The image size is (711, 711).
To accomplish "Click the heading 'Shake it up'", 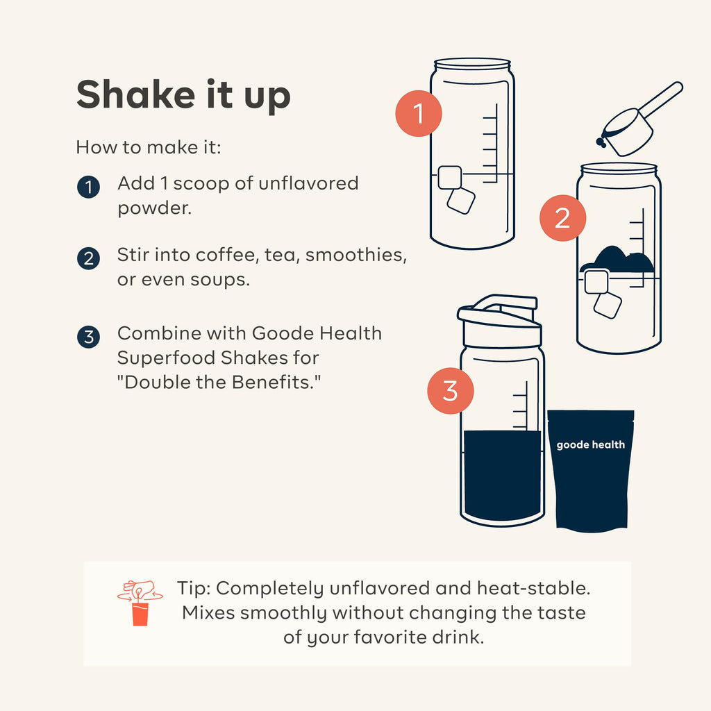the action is [183, 94].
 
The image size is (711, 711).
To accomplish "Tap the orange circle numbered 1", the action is [419, 113].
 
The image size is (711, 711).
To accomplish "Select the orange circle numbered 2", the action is [562, 218].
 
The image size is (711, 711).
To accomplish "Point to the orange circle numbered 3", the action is [450, 391].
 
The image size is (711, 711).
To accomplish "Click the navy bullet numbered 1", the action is [88, 187].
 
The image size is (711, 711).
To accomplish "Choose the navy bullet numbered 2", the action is [88, 258].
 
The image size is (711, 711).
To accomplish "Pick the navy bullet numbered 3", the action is [88, 337].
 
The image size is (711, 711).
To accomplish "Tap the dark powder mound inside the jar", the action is [617, 260].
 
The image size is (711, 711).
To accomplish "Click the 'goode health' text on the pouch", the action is [590, 445].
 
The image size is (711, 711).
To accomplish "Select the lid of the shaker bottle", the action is [499, 321].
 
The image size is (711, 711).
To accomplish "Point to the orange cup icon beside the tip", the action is [140, 613].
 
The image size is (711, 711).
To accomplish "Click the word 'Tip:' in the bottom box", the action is [194, 589].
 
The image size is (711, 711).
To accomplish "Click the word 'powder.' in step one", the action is [155, 208].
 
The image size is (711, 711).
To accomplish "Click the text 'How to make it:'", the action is [149, 147].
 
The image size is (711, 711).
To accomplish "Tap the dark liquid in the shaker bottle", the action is [503, 475].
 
